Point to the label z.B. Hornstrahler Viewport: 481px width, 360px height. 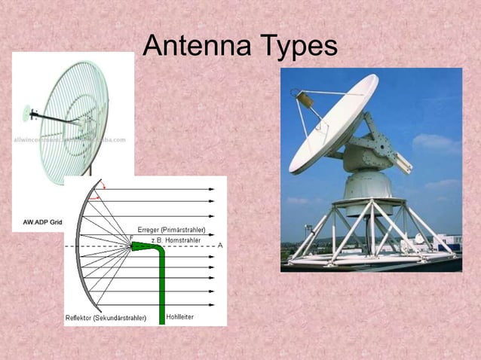[x=178, y=239]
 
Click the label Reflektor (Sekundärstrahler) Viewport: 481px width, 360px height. [x=106, y=318]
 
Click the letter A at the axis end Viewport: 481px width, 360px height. [x=220, y=246]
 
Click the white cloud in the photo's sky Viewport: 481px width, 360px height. [x=434, y=142]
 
